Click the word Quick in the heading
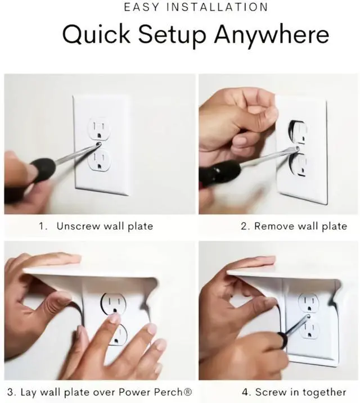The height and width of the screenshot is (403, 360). pyautogui.click(x=96, y=34)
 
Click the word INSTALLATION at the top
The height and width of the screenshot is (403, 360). pyautogui.click(x=217, y=7)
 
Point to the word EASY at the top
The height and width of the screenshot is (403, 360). pyautogui.click(x=142, y=7)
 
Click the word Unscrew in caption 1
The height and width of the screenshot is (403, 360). pyautogui.click(x=78, y=226)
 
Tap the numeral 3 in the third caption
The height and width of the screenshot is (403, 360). pyautogui.click(x=11, y=392)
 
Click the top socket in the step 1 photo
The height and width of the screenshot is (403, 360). pyautogui.click(x=98, y=129)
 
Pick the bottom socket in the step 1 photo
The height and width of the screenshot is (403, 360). pyautogui.click(x=99, y=160)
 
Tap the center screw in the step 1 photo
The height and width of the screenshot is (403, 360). pyautogui.click(x=98, y=144)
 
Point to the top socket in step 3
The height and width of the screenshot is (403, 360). pyautogui.click(x=114, y=304)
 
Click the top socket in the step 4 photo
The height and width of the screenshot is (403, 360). pyautogui.click(x=308, y=302)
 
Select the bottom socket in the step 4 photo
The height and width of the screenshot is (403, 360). pyautogui.click(x=309, y=329)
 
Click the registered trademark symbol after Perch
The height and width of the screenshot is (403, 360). pyautogui.click(x=188, y=392)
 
